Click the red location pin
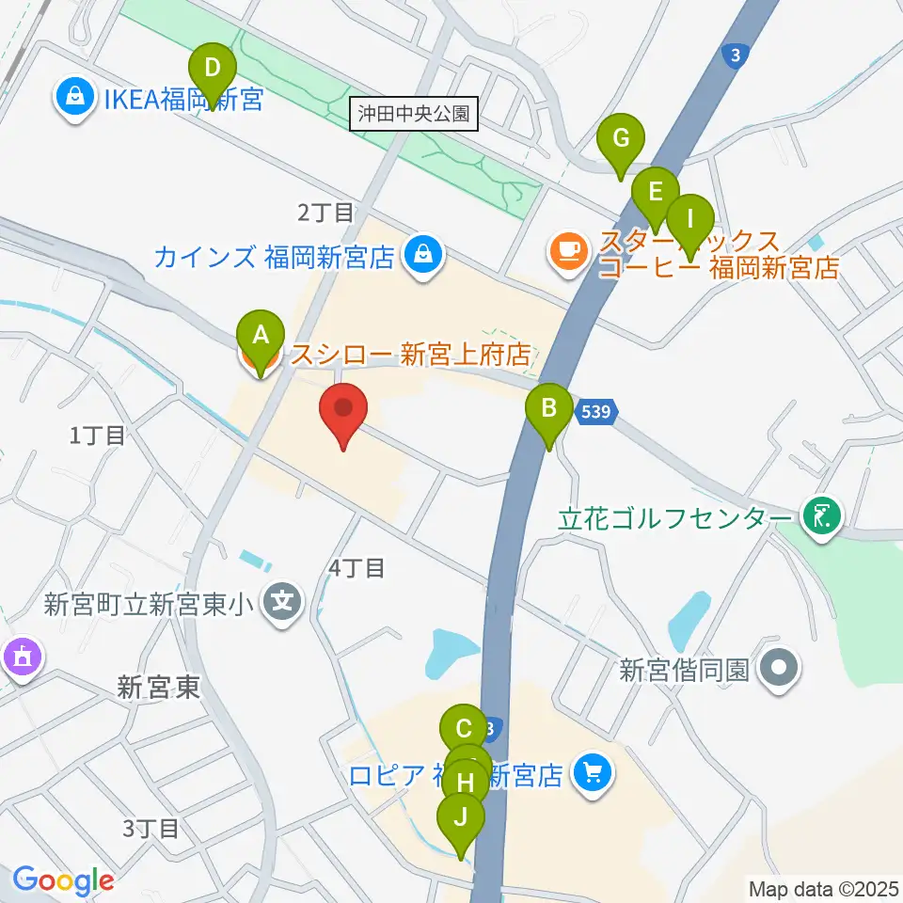343,415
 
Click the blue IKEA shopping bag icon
72,96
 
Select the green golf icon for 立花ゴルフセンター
820,515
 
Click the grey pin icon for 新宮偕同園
780,669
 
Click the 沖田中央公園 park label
414,115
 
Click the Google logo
63,880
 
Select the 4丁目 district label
356,567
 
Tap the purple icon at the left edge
20,656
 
